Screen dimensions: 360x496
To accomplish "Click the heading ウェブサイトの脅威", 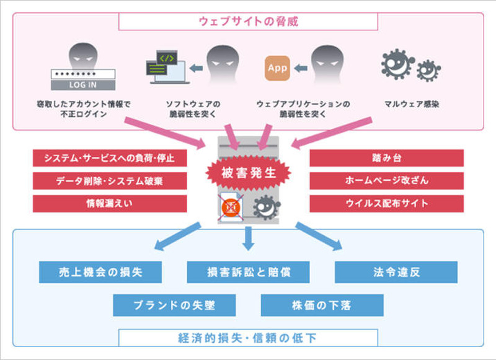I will point(247,22).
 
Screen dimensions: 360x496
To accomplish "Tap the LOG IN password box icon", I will point(82,79).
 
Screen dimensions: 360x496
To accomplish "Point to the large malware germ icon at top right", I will point(397,64).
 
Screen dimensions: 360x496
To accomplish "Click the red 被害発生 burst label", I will point(248,174).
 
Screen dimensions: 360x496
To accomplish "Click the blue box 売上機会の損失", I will point(100,272).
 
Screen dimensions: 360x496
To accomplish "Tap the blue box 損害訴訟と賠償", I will point(248,272).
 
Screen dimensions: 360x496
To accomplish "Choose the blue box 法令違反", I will point(396,272).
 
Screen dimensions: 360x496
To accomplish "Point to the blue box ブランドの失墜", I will point(174,305).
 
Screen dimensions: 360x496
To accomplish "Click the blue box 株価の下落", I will point(322,305).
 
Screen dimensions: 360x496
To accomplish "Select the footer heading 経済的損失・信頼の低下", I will point(247,338).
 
